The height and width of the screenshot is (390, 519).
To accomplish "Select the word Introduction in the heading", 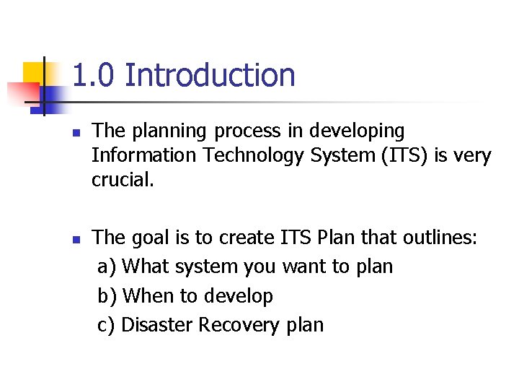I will (x=210, y=75).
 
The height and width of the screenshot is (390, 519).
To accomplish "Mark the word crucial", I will (x=123, y=180).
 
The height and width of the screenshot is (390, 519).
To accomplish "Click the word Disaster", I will (x=157, y=325).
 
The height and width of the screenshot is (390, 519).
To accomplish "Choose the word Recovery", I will (x=239, y=325).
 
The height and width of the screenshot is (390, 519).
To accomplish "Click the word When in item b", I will (x=147, y=296).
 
